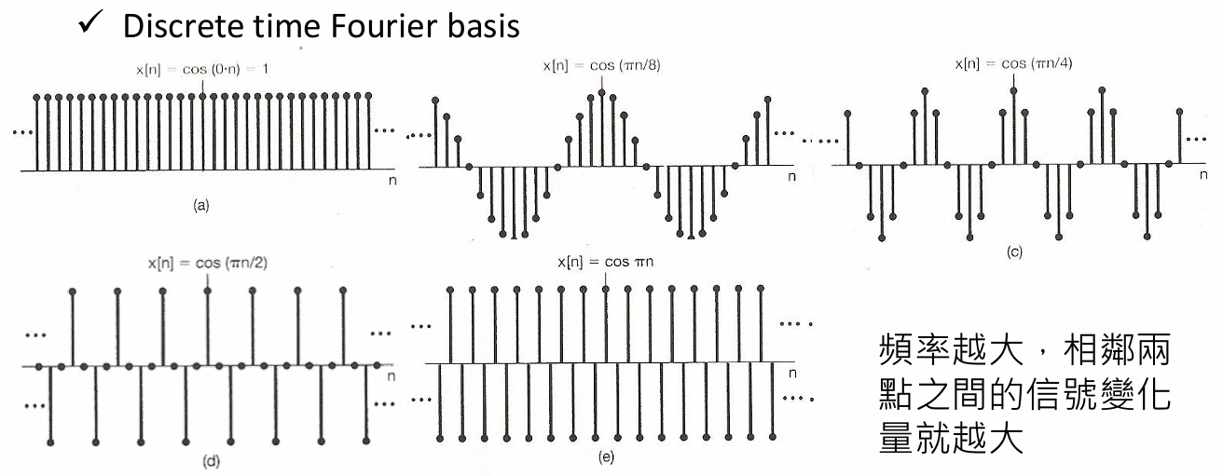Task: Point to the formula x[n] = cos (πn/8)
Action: click(x=600, y=65)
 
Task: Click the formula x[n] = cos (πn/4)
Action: click(x=1012, y=64)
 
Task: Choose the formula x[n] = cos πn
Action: click(x=605, y=263)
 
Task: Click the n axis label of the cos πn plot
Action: click(x=792, y=374)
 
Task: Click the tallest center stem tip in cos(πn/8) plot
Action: click(x=602, y=91)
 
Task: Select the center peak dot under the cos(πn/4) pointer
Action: click(x=1013, y=89)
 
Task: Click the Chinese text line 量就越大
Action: click(x=950, y=437)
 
